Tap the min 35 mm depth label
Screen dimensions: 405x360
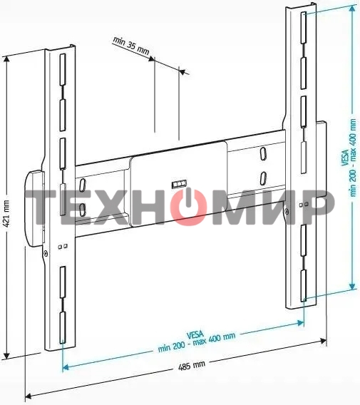tap(131, 46)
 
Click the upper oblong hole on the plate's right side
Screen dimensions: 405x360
tap(262, 153)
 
